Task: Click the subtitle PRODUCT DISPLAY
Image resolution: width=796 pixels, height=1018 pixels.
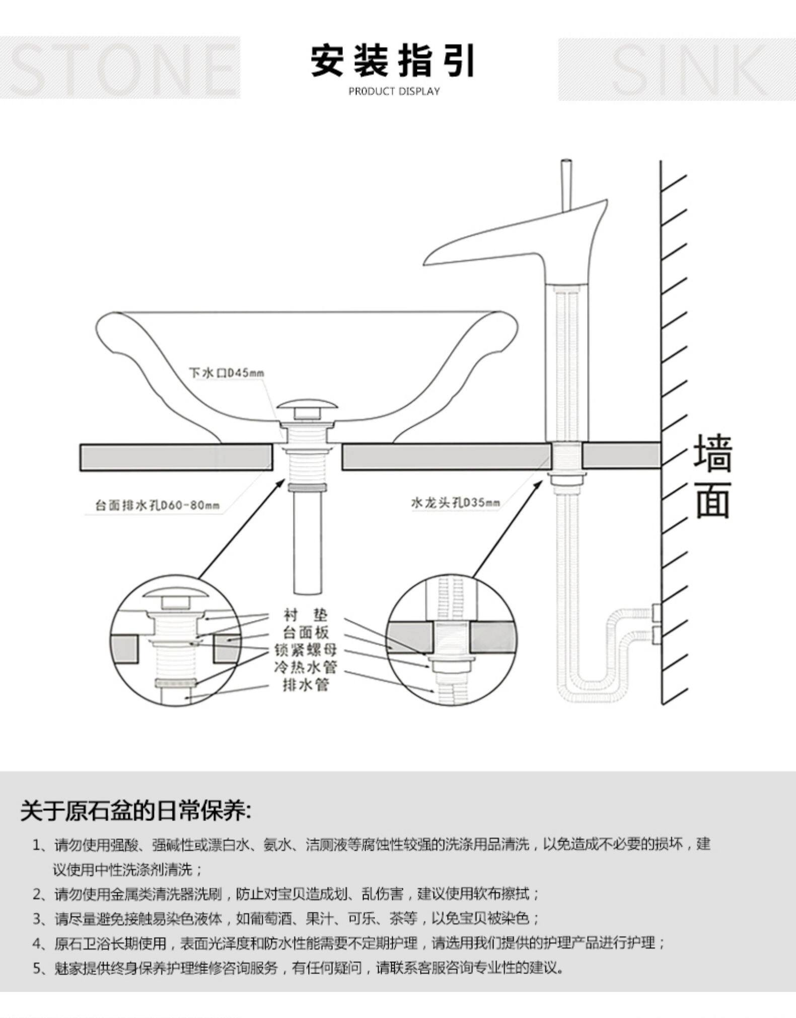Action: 394,92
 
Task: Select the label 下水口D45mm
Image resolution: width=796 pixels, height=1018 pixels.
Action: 226,373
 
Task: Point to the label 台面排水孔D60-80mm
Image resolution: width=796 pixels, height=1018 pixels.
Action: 157,505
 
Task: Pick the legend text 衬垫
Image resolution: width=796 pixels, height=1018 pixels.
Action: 305,614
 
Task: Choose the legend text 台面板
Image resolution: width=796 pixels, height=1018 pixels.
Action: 305,632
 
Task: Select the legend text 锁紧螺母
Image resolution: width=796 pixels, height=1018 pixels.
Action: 305,650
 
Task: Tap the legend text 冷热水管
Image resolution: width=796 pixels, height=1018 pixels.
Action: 305,667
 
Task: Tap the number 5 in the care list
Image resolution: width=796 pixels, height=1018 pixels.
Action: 38,968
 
